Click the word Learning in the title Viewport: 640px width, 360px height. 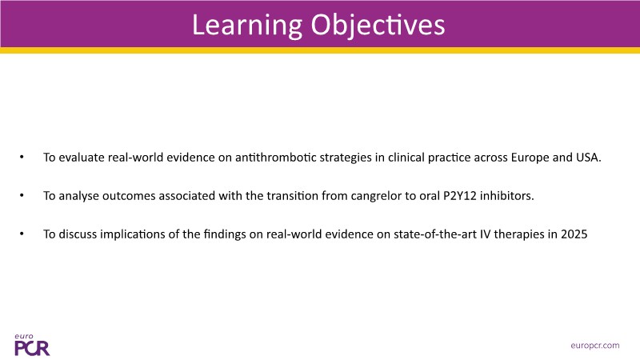247,26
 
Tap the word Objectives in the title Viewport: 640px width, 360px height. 378,26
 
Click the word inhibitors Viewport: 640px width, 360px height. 507,196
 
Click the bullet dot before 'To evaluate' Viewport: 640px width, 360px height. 22,157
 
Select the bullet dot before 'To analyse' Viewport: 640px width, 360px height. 22,195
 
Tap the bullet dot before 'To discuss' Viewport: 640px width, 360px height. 22,234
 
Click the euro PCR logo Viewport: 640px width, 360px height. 32,345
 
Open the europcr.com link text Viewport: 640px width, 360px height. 595,346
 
